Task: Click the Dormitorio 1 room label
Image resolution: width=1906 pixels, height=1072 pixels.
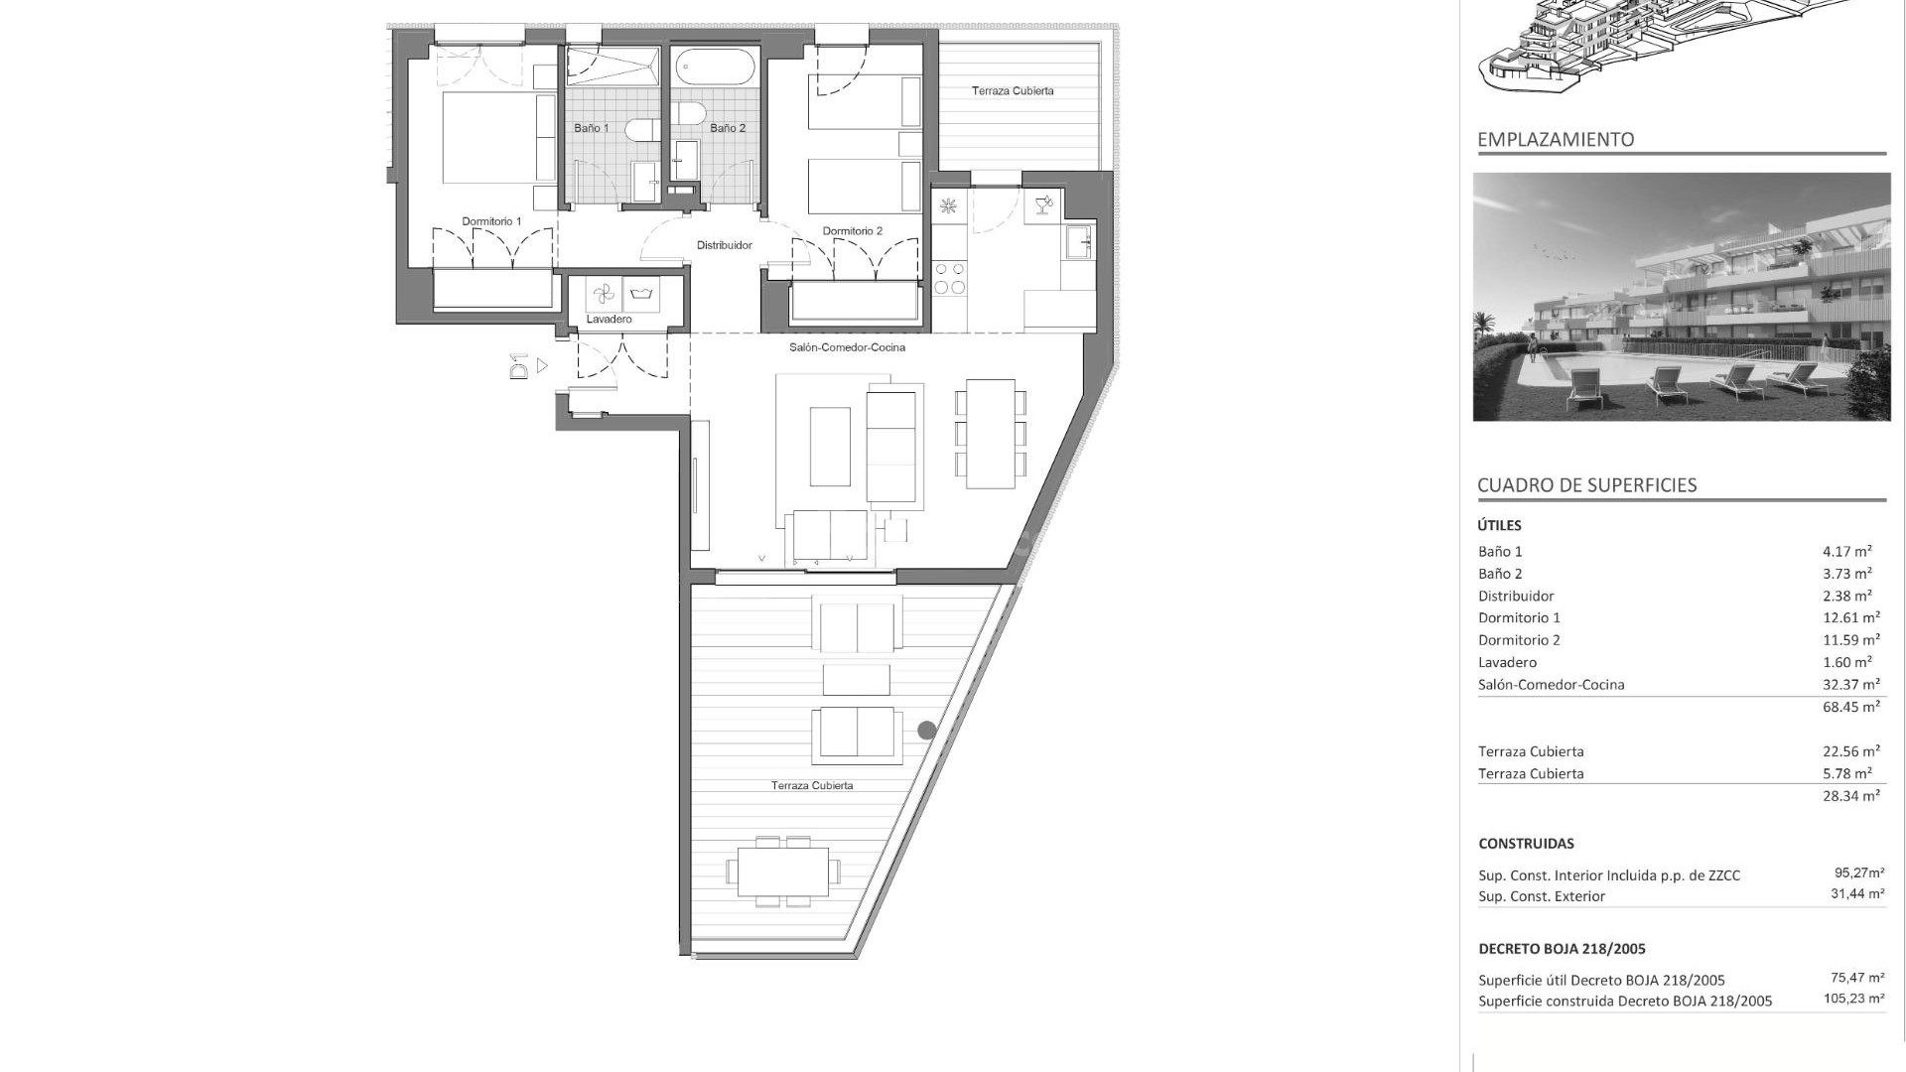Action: [491, 221]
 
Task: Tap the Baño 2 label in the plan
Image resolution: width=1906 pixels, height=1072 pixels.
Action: [727, 128]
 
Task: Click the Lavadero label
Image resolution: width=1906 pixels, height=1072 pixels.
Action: [609, 320]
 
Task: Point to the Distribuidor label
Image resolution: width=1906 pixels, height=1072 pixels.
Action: [724, 245]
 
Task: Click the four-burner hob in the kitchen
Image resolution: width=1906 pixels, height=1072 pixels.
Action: [949, 278]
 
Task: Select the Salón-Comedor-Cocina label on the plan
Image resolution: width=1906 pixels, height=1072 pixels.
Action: [847, 347]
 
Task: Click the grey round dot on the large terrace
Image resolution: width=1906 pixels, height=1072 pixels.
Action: [926, 731]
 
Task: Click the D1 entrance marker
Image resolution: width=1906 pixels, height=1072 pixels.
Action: [518, 366]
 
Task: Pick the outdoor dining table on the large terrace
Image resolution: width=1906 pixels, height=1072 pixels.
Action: [782, 871]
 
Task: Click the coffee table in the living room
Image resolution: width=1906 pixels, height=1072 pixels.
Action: [830, 447]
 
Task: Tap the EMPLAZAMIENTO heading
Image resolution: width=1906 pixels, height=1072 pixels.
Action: [1555, 140]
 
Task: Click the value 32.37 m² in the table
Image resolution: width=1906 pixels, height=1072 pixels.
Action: [1850, 684]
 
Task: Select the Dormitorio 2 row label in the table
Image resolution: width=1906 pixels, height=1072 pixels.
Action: [1519, 640]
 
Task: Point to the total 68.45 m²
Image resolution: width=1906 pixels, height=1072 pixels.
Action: [1850, 707]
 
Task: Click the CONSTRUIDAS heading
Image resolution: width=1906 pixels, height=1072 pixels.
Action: [1526, 844]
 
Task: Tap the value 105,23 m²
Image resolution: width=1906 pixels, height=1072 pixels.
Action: [1852, 1000]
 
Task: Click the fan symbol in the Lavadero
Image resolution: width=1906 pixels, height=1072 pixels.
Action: [603, 294]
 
